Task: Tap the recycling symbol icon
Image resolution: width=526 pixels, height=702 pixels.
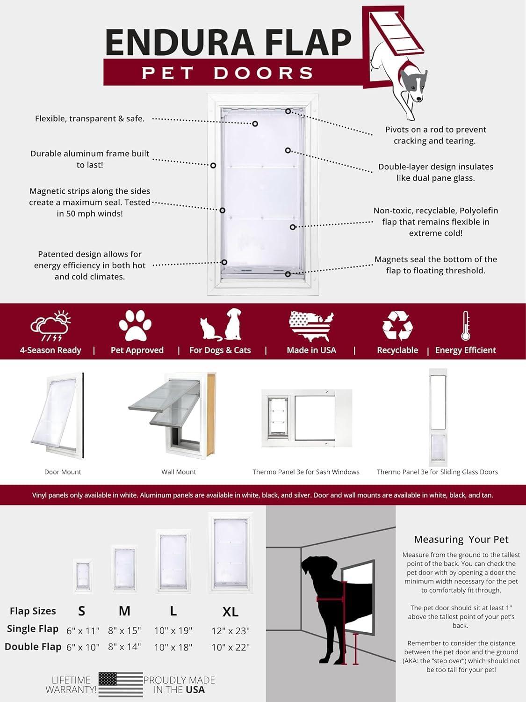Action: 397,325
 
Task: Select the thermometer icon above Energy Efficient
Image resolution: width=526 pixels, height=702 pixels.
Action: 465,325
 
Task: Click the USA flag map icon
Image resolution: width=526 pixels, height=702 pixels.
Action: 311,326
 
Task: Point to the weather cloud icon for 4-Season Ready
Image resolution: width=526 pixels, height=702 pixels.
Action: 50,326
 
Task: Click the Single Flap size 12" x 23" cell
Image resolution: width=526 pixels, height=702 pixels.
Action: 231,630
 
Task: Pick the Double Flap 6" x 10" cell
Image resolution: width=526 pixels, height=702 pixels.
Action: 83,647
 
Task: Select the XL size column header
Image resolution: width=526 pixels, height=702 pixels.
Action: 231,611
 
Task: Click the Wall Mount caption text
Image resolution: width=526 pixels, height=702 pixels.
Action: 179,472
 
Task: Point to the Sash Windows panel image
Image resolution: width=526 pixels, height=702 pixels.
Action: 306,418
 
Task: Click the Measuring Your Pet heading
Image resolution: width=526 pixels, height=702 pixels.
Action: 461,539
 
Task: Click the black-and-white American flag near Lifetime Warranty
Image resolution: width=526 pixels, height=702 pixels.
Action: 121,684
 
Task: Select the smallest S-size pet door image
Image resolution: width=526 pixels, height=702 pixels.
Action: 83,576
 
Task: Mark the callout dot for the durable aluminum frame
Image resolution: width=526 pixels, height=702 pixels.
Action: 213,165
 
